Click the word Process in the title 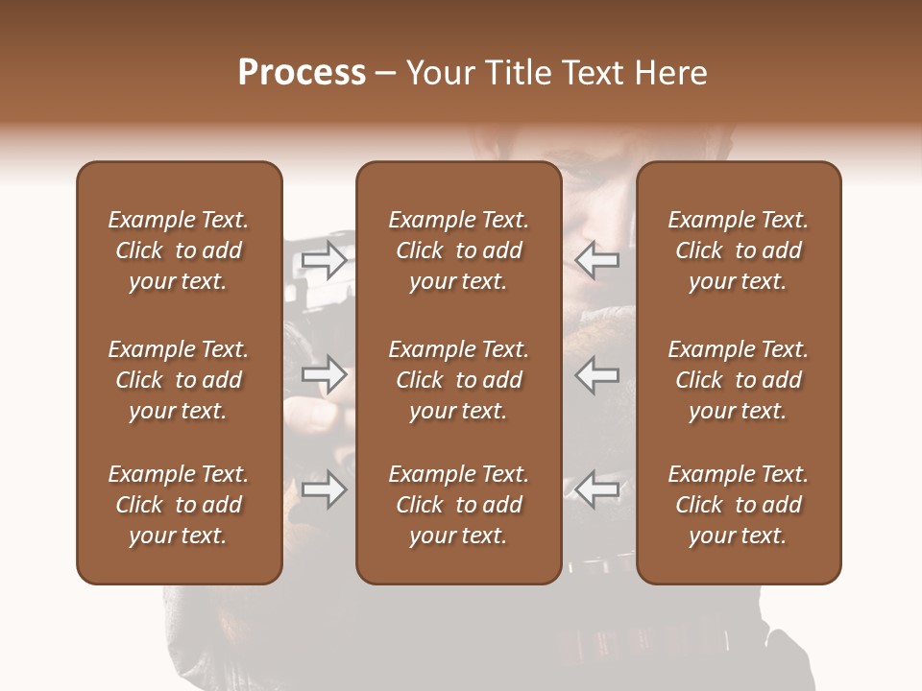pyautogui.click(x=302, y=73)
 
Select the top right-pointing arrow pyautogui.click(x=324, y=259)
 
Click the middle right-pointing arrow pyautogui.click(x=324, y=374)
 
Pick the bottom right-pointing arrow pyautogui.click(x=324, y=489)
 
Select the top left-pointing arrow pyautogui.click(x=597, y=259)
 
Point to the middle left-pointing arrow pyautogui.click(x=597, y=374)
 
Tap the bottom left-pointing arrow pyautogui.click(x=597, y=489)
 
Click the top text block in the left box pyautogui.click(x=179, y=250)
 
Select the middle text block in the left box pyautogui.click(x=179, y=380)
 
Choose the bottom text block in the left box pyautogui.click(x=179, y=505)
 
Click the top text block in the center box pyautogui.click(x=458, y=250)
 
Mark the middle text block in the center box pyautogui.click(x=458, y=380)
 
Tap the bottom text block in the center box pyautogui.click(x=458, y=505)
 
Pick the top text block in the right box pyautogui.click(x=738, y=250)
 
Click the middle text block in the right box pyautogui.click(x=738, y=380)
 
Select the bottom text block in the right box pyautogui.click(x=738, y=505)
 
